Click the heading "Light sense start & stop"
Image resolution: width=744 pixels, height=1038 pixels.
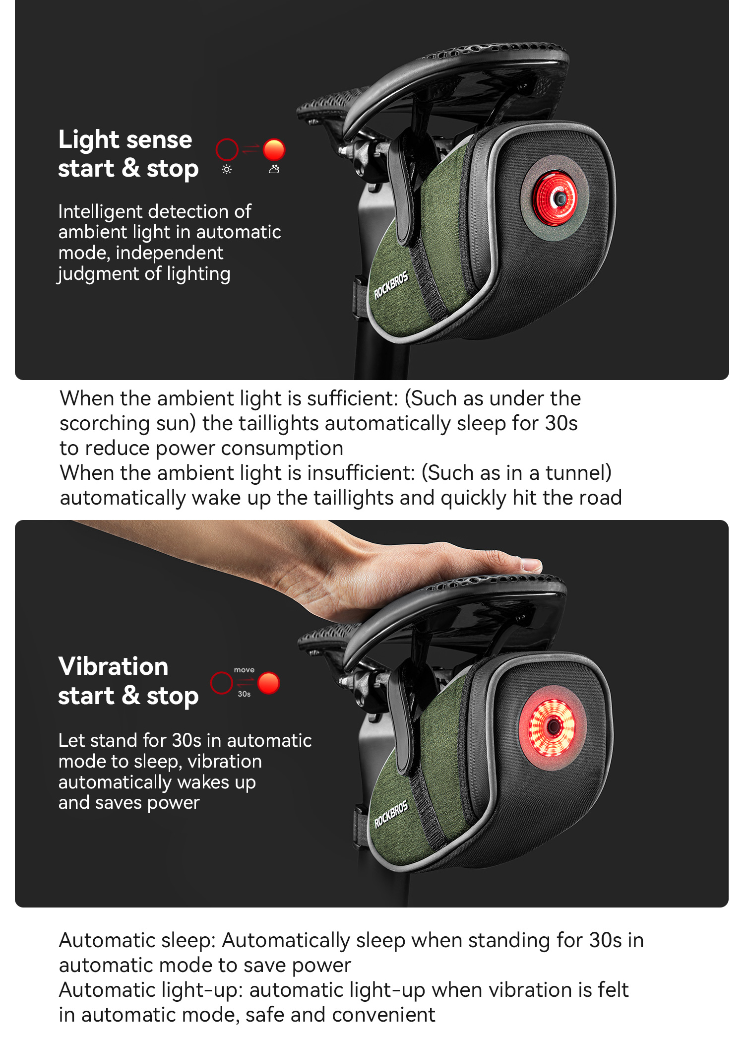[128, 154]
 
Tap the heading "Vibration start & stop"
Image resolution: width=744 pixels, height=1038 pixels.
[128, 681]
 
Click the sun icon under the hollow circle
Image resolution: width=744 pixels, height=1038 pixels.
[227, 170]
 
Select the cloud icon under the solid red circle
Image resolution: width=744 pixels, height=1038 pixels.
[274, 170]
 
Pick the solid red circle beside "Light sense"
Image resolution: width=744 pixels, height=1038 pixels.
[274, 150]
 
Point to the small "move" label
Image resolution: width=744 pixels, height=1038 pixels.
[244, 670]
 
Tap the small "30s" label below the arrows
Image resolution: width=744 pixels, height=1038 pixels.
[244, 694]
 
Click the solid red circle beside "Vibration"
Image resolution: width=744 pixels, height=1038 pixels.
[269, 683]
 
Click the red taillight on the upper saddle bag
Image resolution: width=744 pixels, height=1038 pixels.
[555, 198]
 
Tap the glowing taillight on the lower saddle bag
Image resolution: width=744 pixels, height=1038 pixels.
[553, 727]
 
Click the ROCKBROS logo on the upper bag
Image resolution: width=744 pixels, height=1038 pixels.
[391, 285]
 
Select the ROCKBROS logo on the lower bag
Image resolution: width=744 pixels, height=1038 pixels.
[391, 814]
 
